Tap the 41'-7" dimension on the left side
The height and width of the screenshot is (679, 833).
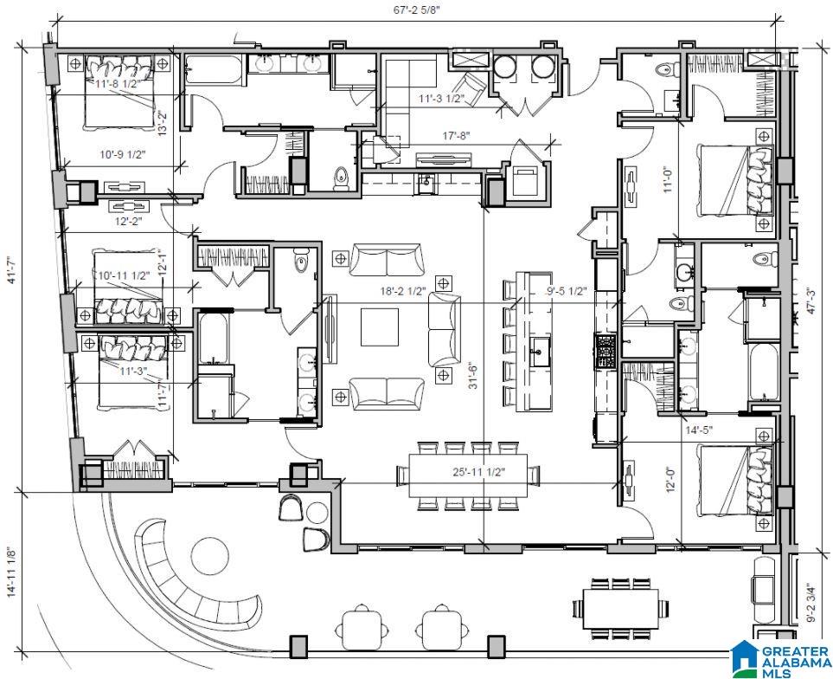click(12, 269)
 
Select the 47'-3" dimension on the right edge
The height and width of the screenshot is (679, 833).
click(811, 301)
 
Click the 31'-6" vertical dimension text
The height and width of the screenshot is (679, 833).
click(472, 375)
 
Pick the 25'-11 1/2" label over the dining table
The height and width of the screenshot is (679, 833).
click(479, 472)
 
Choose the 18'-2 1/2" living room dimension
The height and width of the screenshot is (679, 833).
click(404, 291)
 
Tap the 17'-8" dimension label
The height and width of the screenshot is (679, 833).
click(457, 136)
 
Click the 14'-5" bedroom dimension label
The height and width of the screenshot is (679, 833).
click(699, 430)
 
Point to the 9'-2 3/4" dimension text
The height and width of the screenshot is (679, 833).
click(811, 603)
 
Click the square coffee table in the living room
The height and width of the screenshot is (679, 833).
click(380, 327)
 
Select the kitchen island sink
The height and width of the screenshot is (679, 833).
click(540, 352)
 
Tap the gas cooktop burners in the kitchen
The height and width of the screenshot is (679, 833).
click(606, 351)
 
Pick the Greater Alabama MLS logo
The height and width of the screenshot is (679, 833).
click(781, 656)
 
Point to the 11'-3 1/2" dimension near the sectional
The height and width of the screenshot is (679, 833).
click(441, 99)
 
